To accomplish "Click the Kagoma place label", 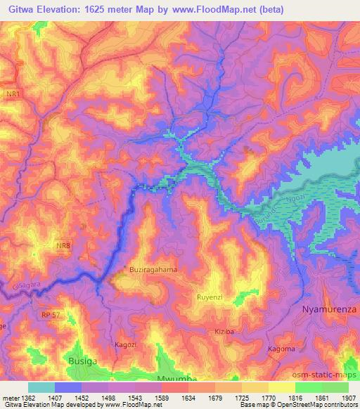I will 282,349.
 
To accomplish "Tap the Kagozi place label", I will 126,345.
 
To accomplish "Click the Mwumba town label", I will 175,376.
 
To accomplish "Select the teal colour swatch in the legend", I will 41,387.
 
